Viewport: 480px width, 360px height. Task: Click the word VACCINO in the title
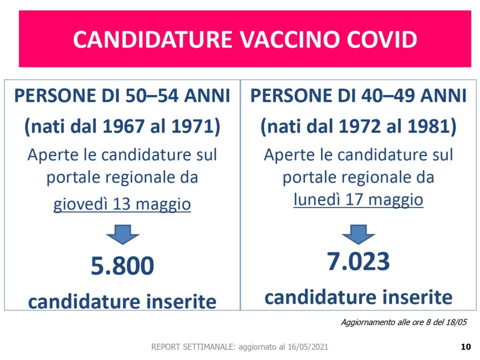click(289, 39)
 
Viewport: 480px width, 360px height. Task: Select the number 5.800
click(122, 266)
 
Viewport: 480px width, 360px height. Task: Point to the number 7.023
click(359, 262)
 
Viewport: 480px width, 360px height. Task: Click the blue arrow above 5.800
click(123, 234)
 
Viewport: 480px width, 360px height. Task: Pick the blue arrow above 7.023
click(359, 234)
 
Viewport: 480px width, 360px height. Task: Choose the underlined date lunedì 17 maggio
click(359, 200)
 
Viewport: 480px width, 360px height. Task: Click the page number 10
click(465, 346)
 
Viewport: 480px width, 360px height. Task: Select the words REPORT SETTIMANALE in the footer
click(194, 347)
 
